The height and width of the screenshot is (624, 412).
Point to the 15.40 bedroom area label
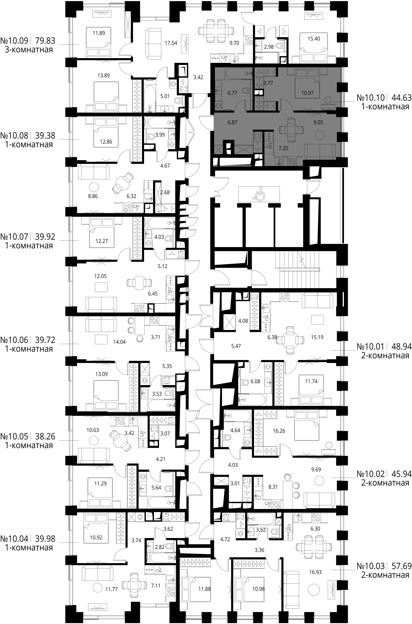tap(314, 39)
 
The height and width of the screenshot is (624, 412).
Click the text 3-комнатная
tap(29, 50)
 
